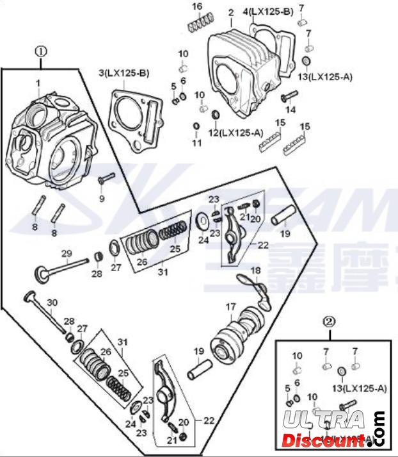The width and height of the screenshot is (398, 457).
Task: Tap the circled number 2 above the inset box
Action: [328, 320]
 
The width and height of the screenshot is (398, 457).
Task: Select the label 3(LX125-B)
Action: [123, 73]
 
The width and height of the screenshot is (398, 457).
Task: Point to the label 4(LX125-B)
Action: [267, 12]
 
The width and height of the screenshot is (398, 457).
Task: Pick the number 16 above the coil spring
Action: [198, 6]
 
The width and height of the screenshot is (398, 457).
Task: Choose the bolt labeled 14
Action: [289, 97]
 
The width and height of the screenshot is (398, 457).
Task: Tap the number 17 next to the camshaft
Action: [228, 308]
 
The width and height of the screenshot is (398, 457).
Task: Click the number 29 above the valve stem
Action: [67, 254]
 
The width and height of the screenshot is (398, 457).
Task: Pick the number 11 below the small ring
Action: [197, 142]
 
